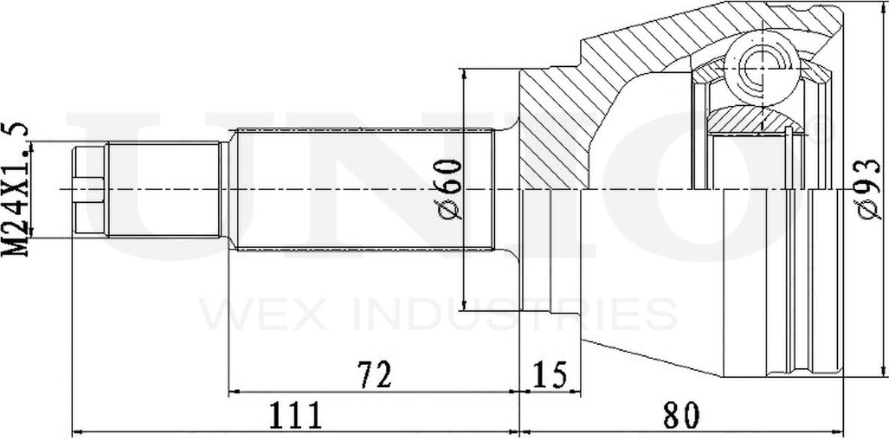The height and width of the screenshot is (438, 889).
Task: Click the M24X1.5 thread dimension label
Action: [x=15, y=189]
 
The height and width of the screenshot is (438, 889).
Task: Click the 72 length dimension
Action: [x=375, y=375]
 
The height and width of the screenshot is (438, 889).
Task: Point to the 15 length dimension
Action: [x=549, y=375]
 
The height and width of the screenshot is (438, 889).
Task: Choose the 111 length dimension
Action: [x=295, y=416]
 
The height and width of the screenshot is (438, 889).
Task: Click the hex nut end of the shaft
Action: [x=89, y=189]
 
